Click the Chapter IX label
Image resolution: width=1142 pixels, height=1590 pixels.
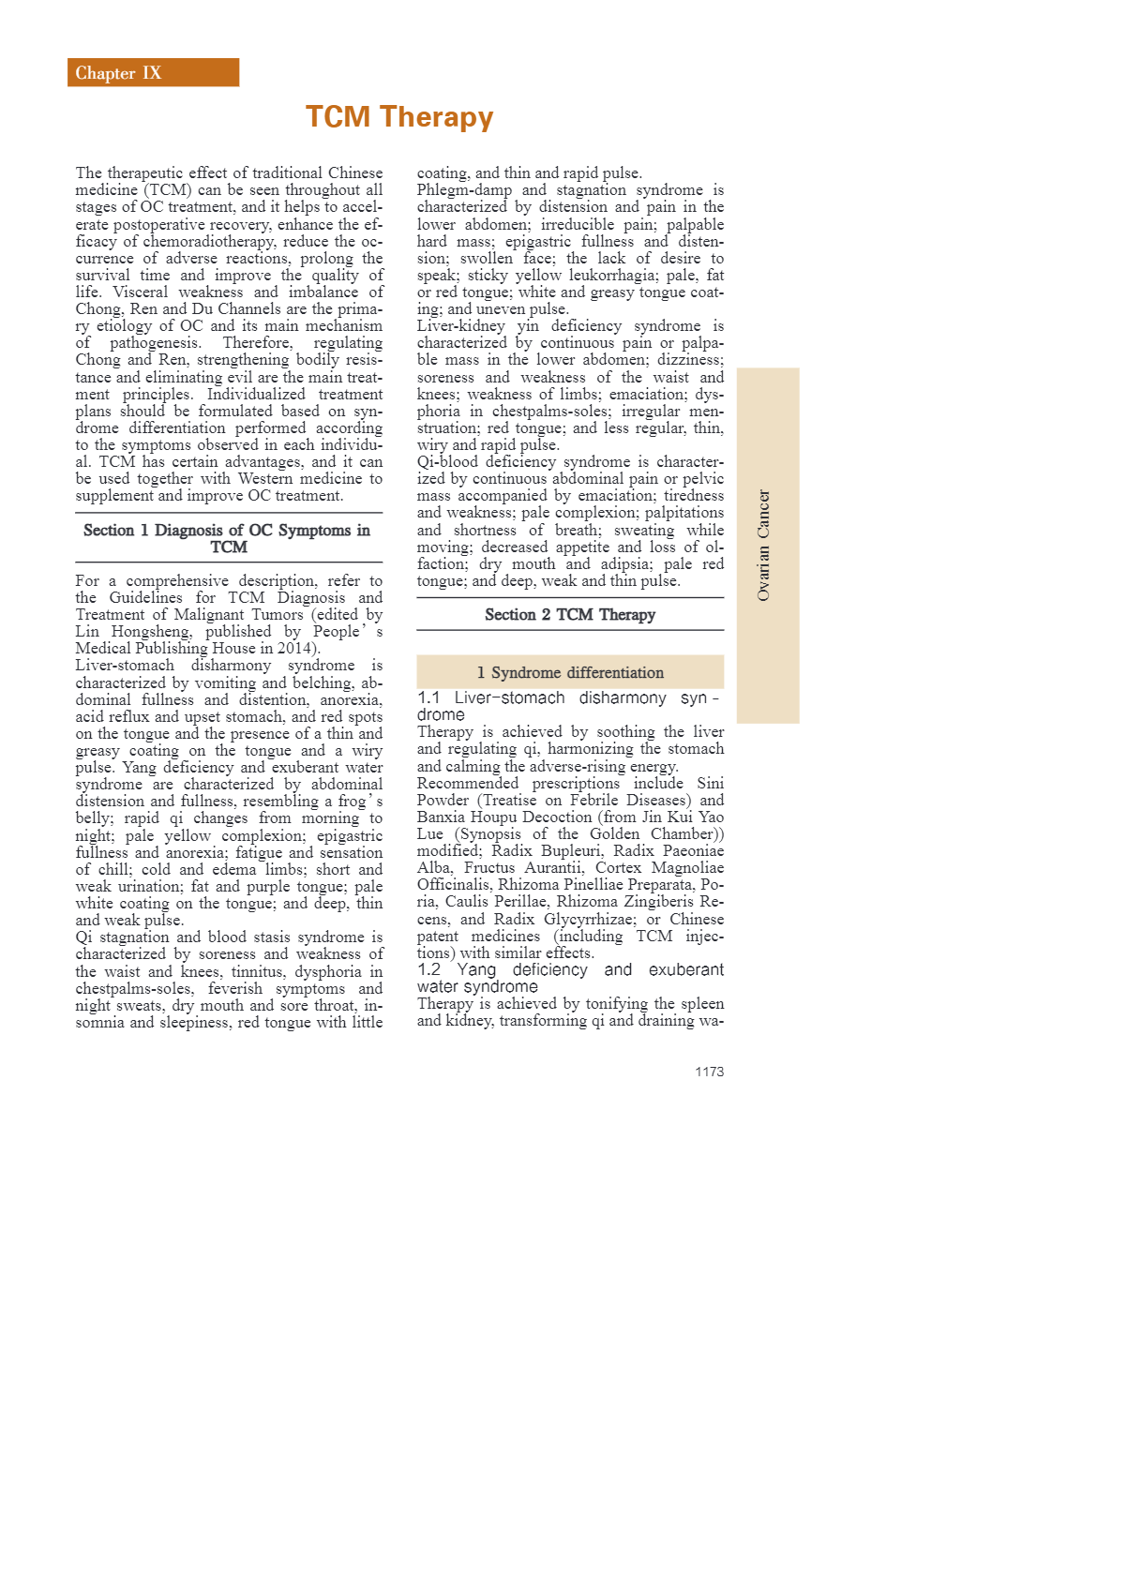[118, 73]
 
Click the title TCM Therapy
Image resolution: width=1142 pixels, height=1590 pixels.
[398, 117]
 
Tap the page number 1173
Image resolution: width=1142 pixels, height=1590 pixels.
[709, 1072]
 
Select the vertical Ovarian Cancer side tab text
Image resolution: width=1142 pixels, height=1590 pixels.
[764, 545]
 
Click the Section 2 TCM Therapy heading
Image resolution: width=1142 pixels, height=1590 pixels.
[569, 615]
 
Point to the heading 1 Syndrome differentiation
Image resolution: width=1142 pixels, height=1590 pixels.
[569, 672]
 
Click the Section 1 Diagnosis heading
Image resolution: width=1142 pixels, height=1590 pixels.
[228, 538]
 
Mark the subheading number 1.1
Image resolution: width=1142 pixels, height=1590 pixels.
[428, 697]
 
